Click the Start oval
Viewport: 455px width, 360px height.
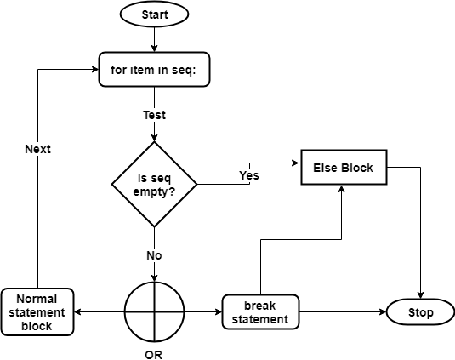click(x=154, y=14)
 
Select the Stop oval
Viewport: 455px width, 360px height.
click(x=421, y=312)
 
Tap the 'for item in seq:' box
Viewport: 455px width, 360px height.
click(x=154, y=71)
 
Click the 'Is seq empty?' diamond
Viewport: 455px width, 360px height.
click(x=154, y=185)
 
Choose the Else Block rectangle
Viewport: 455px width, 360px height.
click(x=343, y=168)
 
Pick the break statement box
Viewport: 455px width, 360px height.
click(x=260, y=312)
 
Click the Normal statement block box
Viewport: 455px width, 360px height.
click(x=37, y=312)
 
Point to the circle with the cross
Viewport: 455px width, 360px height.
click(x=154, y=312)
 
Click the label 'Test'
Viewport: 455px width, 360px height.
click(x=154, y=114)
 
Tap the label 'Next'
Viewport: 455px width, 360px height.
click(x=37, y=149)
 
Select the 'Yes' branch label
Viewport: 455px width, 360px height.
click(x=248, y=175)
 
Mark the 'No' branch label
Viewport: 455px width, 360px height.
click(x=154, y=254)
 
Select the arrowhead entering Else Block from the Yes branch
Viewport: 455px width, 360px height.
click(x=297, y=162)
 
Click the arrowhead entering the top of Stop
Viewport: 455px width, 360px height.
click(x=421, y=294)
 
